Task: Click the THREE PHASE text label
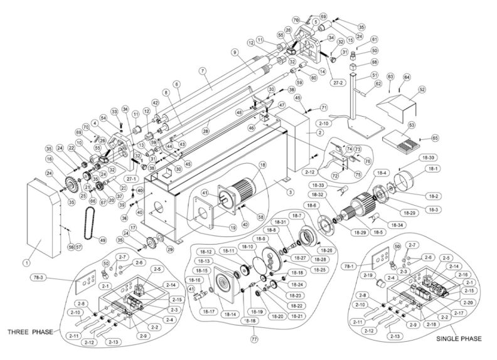(29, 331)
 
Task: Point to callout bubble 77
(254, 339)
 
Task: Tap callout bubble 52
(421, 90)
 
